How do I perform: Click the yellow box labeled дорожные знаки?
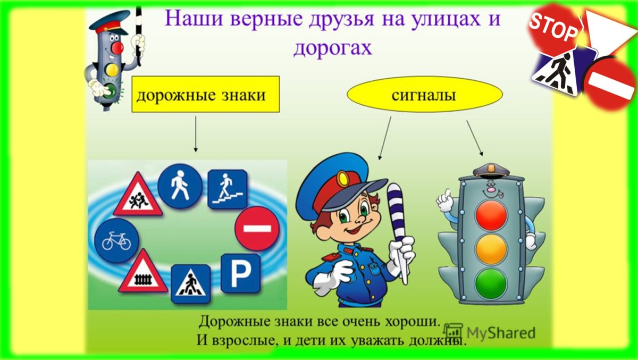(205, 94)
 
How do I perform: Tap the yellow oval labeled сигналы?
(424, 94)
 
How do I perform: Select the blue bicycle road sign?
(116, 240)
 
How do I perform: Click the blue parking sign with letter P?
(240, 273)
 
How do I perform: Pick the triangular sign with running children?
(137, 195)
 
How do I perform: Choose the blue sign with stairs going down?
(227, 188)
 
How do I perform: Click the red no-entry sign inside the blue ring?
(257, 228)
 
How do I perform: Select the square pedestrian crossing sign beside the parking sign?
(190, 283)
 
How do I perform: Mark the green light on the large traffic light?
(491, 282)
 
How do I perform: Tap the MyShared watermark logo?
(490, 332)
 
